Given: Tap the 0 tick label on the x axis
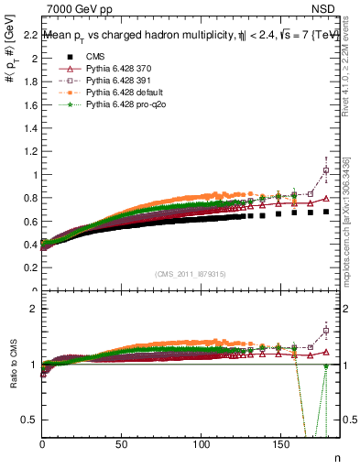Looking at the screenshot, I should tap(43, 445).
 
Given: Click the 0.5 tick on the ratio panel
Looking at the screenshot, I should tap(29, 420).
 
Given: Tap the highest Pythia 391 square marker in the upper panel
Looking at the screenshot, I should tap(326, 170).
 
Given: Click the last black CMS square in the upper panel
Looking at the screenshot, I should tap(326, 213).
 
